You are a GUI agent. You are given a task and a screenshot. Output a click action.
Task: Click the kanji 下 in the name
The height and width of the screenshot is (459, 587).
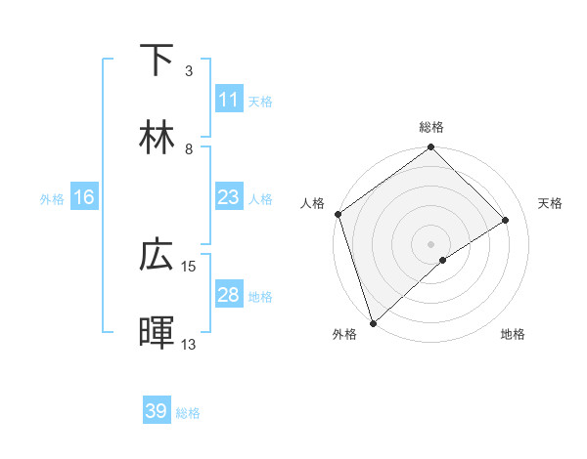pyautogui.click(x=158, y=61)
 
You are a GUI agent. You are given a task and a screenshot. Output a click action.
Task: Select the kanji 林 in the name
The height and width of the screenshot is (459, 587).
pyautogui.click(x=158, y=138)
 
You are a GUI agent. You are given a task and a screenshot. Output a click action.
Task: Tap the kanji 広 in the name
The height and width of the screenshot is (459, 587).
pyautogui.click(x=158, y=257)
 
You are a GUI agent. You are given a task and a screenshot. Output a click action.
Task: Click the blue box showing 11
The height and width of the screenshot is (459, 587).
pyautogui.click(x=228, y=99)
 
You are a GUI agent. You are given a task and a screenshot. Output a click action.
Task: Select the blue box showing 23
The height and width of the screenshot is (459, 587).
pyautogui.click(x=228, y=197)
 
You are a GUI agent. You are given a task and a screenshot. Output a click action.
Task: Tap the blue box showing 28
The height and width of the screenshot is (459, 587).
pyautogui.click(x=228, y=295)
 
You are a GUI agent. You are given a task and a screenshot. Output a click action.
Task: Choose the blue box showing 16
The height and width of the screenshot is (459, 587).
pyautogui.click(x=84, y=197)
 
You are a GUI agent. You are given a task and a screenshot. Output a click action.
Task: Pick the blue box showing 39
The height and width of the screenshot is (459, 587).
pyautogui.click(x=156, y=411)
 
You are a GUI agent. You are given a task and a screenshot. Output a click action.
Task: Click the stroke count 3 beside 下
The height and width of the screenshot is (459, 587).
pyautogui.click(x=189, y=71)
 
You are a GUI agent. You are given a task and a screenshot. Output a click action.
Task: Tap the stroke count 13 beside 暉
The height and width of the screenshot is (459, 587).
pyautogui.click(x=189, y=344)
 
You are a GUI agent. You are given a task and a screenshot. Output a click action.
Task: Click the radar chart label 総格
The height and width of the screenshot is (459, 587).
pyautogui.click(x=431, y=127)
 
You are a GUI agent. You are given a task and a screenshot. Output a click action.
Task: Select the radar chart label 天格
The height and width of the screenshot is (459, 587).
pyautogui.click(x=551, y=203)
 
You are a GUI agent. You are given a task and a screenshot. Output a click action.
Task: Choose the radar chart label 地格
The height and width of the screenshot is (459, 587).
pyautogui.click(x=513, y=334)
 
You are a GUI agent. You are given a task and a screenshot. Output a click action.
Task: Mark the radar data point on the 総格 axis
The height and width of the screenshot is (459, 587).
pyautogui.click(x=431, y=148)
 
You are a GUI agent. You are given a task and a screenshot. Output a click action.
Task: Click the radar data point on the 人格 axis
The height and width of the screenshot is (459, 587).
pyautogui.click(x=338, y=214)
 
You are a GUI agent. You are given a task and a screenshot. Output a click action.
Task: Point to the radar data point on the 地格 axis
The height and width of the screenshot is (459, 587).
pyautogui.click(x=443, y=260)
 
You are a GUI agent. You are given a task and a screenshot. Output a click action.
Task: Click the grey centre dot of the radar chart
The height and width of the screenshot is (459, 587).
pyautogui.click(x=431, y=243)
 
